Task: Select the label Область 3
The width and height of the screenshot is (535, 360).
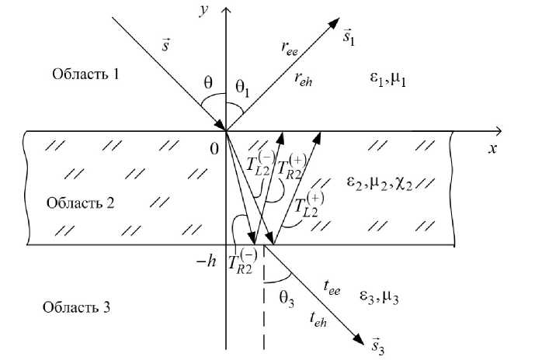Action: [75, 307]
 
